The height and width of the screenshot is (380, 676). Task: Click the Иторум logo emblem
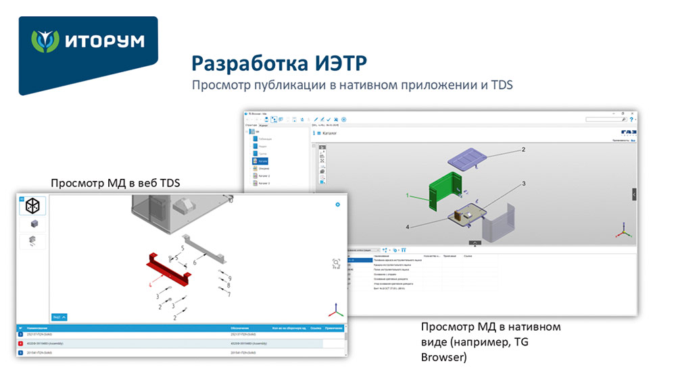[45, 42]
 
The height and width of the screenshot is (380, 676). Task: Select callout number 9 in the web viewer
[230, 277]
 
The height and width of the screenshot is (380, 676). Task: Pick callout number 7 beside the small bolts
[228, 294]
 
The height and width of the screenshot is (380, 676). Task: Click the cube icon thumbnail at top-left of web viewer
[32, 207]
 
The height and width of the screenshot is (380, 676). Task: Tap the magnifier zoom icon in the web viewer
[337, 263]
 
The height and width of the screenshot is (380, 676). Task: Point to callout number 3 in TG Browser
[523, 183]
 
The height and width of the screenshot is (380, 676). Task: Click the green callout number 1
[408, 195]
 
